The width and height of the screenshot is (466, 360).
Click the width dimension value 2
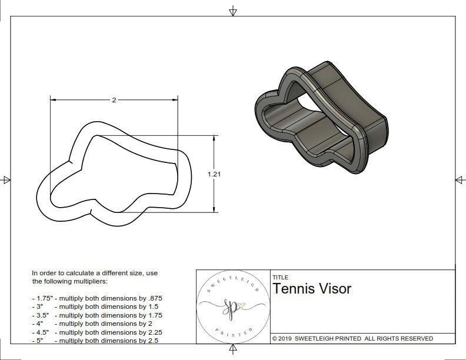click(x=114, y=100)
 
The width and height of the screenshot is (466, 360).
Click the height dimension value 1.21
click(x=214, y=174)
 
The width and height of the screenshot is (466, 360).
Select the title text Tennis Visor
click(x=311, y=289)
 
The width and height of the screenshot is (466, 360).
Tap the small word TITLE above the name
click(x=280, y=278)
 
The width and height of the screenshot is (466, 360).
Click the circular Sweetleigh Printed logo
click(x=232, y=306)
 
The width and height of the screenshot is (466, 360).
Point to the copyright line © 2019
click(x=352, y=338)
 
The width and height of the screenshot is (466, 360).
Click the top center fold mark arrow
click(x=233, y=11)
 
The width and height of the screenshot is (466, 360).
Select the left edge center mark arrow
click(x=6, y=180)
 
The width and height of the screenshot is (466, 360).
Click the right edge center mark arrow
click(x=460, y=180)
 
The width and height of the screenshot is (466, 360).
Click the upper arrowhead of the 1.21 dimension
click(x=214, y=138)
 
